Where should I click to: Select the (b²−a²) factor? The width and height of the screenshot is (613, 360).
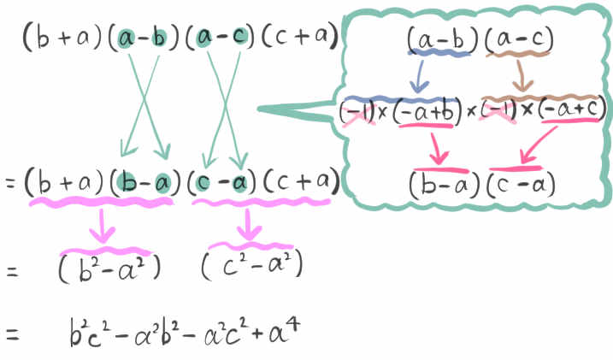click(109, 268)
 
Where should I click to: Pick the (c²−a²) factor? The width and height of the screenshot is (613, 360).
click(252, 266)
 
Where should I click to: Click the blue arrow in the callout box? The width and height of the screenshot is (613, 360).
click(419, 76)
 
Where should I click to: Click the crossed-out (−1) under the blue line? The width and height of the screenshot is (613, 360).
click(357, 113)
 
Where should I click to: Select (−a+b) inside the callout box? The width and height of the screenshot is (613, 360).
click(424, 112)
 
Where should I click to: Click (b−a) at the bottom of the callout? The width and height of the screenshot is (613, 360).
click(444, 185)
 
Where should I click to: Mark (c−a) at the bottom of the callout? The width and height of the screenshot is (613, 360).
click(521, 184)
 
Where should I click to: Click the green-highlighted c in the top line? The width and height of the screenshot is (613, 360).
click(239, 37)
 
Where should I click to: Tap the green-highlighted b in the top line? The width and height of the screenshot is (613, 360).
click(158, 38)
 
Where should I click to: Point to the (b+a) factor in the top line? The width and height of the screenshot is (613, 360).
click(62, 37)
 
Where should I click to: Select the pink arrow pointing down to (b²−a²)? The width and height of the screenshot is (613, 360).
click(103, 226)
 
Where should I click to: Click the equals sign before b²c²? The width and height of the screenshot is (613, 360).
click(12, 335)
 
